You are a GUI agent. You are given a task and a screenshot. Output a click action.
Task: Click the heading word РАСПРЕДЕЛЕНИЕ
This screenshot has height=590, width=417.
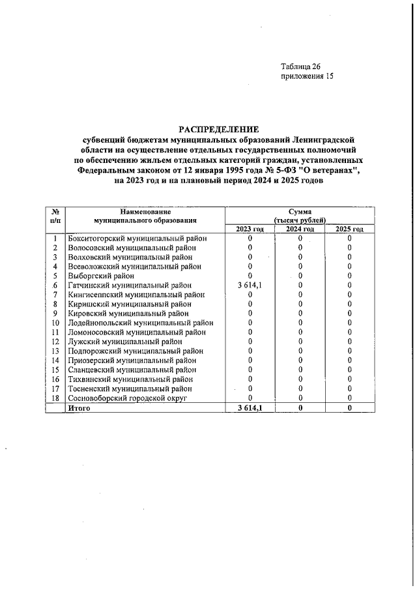point(219,129)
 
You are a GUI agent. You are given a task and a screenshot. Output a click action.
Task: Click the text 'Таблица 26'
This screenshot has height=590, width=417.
point(300,66)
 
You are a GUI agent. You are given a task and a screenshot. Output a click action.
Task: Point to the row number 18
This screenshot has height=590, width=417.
point(55,398)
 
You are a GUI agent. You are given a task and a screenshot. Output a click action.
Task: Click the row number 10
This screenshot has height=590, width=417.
point(55,323)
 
